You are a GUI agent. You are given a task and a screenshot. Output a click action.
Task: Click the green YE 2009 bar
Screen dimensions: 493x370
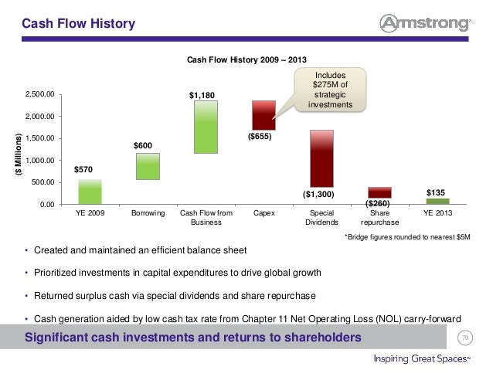[x=90, y=192]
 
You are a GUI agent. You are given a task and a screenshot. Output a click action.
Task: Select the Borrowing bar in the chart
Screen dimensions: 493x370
[x=148, y=166]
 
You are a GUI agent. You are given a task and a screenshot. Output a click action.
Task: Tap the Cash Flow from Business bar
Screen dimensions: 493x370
[x=206, y=127]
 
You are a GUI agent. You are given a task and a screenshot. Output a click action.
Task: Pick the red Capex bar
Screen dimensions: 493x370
[x=263, y=115]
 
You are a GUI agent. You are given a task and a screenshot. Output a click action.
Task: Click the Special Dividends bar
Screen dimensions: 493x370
[x=321, y=158]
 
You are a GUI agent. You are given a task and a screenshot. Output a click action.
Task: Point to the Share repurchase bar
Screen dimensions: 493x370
[x=380, y=192]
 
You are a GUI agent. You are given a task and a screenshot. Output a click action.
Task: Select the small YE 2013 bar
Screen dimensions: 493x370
[x=437, y=201]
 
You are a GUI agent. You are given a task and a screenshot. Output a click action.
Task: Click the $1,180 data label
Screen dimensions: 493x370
[x=202, y=95]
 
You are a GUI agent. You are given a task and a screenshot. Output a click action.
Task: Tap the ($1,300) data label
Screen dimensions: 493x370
[x=318, y=194]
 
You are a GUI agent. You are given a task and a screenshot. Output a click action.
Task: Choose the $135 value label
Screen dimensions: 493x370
[x=436, y=192]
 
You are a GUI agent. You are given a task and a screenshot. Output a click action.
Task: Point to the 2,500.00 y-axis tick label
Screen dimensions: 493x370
[x=40, y=94]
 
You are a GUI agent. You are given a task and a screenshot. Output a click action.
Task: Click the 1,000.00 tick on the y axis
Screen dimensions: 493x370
[x=40, y=161]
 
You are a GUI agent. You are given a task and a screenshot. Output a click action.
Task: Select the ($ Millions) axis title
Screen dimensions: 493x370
[x=19, y=154]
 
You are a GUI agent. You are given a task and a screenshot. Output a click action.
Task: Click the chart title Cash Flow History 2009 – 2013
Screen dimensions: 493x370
[x=246, y=59]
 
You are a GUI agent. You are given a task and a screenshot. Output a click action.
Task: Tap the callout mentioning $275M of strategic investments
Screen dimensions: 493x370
[x=330, y=90]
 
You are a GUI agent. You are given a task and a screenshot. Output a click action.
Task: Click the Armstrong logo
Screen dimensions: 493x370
[x=426, y=23]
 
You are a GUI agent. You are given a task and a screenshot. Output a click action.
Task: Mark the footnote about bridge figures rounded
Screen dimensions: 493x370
[x=407, y=237]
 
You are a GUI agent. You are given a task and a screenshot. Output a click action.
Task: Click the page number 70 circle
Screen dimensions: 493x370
[x=465, y=338]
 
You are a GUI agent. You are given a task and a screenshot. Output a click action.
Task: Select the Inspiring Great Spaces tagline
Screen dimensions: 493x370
[x=422, y=358]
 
